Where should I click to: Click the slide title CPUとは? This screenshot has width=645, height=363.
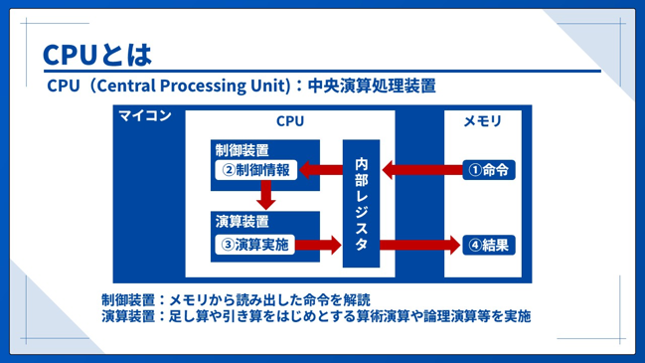click(x=97, y=55)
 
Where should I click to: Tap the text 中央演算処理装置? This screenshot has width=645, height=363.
click(x=372, y=86)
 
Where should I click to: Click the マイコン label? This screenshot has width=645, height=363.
click(x=145, y=115)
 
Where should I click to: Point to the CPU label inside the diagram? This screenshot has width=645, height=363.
click(x=290, y=121)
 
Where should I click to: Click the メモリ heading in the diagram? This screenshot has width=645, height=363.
click(x=483, y=121)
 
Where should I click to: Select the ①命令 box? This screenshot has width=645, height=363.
click(x=489, y=170)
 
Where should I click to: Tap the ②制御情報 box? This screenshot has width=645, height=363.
click(x=255, y=170)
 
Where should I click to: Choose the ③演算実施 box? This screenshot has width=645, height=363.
click(x=255, y=245)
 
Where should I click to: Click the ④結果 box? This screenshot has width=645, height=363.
click(x=489, y=246)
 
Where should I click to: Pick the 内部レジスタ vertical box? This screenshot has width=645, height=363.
click(x=361, y=203)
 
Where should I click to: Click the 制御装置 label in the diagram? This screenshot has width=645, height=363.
click(x=242, y=150)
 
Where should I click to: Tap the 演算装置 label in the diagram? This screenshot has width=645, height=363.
click(x=242, y=222)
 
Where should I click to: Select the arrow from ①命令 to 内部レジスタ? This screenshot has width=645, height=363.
click(x=422, y=170)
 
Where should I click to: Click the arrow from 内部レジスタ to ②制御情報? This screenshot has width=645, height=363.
click(x=321, y=170)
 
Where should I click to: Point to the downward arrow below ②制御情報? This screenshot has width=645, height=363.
click(x=265, y=195)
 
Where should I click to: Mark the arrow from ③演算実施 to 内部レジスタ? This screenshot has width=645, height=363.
click(x=318, y=245)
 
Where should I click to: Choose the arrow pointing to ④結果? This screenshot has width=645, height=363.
click(x=419, y=246)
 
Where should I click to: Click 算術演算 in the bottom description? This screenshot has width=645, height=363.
click(x=383, y=316)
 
